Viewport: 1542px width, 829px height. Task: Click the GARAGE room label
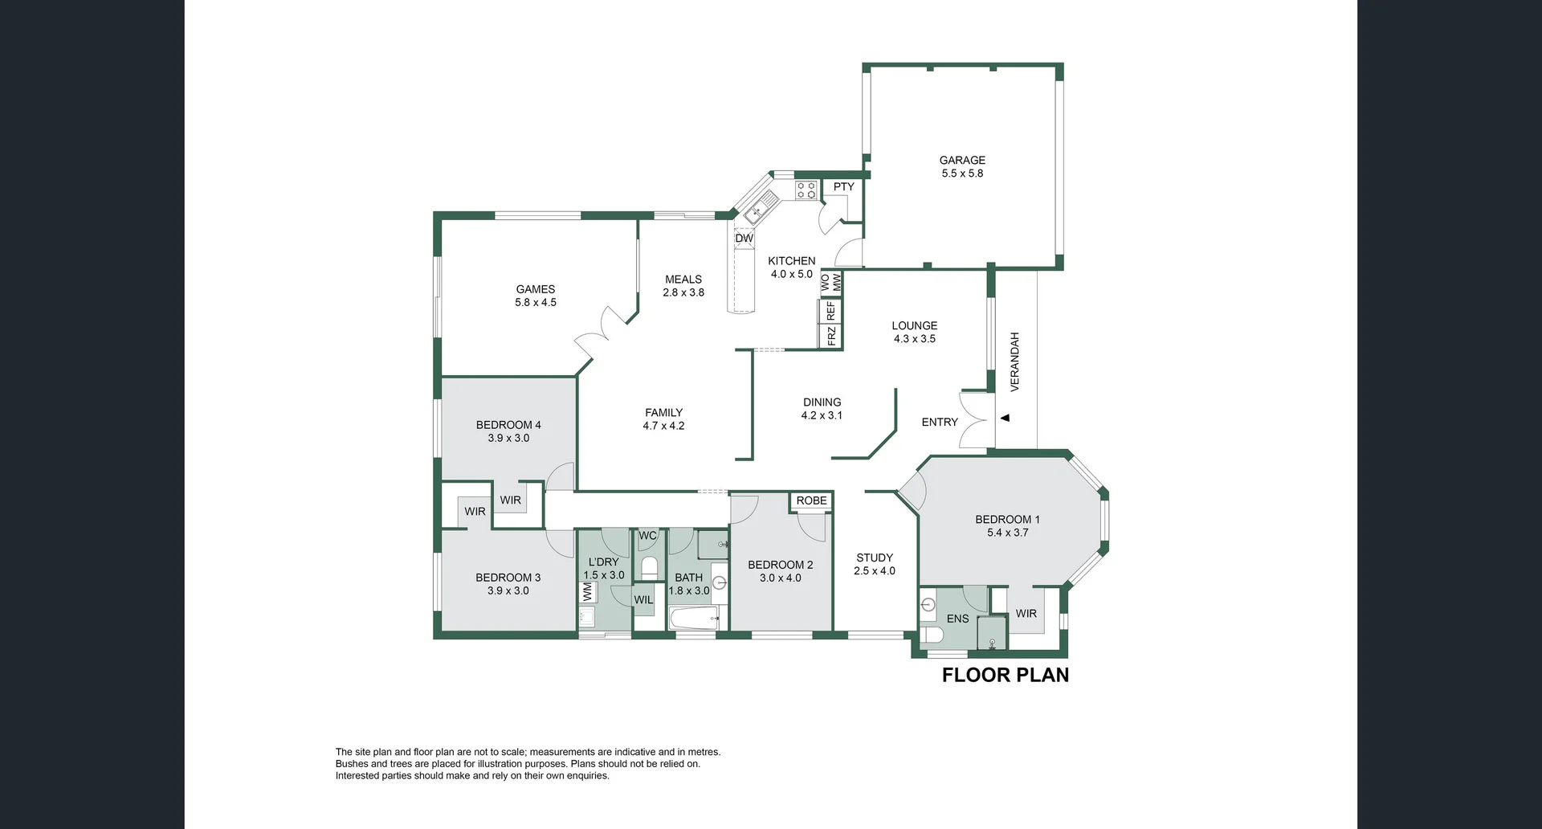coord(962,160)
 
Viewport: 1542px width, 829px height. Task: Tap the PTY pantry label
coord(843,186)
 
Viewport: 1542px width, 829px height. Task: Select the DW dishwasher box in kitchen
coord(744,238)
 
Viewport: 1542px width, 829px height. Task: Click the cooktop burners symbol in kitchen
coord(806,190)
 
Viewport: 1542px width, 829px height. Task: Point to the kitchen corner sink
coord(756,212)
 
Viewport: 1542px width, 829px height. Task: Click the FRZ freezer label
coord(831,335)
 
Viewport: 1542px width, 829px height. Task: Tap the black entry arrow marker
coord(1005,418)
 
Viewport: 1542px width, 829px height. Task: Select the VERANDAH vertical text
coord(1014,361)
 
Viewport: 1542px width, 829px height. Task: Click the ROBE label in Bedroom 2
coord(811,500)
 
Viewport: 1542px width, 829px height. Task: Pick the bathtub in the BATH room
coord(692,619)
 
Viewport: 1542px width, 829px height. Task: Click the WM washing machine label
coord(587,592)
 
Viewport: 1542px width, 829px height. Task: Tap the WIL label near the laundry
coord(643,599)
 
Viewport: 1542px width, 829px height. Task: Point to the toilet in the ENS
coord(932,635)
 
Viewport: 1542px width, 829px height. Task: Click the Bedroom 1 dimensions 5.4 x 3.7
coord(1007,533)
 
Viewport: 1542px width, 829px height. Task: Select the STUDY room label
coord(875,557)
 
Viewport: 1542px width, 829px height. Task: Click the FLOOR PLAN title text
coord(1005,675)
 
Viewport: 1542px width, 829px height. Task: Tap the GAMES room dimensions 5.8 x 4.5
coord(535,303)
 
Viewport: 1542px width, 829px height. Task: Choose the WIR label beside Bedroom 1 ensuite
coord(1026,613)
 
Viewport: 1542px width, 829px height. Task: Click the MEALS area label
coord(683,280)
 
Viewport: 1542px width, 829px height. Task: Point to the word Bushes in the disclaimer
coord(351,764)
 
